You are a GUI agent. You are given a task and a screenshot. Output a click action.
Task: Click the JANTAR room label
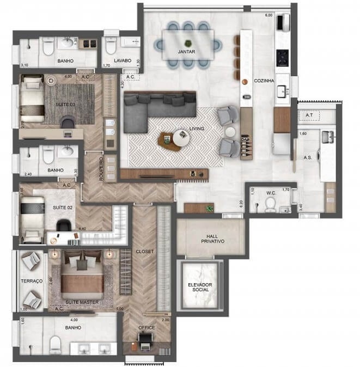187,51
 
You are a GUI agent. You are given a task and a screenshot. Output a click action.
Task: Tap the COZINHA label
264,81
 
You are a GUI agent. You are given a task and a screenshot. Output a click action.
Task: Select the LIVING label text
197,129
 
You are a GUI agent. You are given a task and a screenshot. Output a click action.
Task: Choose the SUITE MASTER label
81,301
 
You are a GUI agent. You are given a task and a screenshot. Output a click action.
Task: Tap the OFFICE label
147,327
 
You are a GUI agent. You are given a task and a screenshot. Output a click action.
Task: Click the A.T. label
309,115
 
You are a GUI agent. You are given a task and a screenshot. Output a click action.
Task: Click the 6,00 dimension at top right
268,15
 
